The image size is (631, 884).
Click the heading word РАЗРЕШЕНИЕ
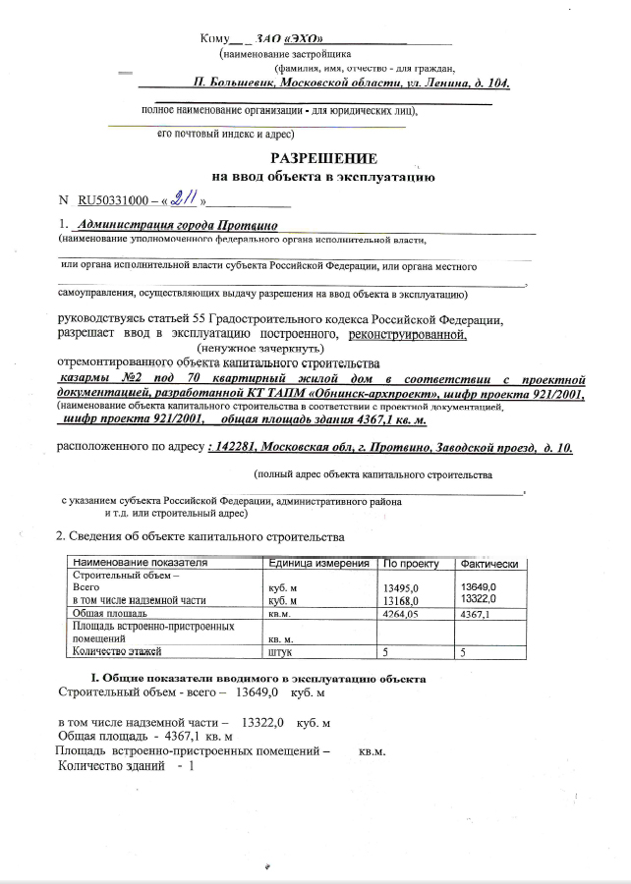coord(322,159)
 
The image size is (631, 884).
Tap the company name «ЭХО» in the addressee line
coord(304,38)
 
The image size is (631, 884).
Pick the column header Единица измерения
coord(317,563)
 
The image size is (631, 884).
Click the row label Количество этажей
coord(116,650)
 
